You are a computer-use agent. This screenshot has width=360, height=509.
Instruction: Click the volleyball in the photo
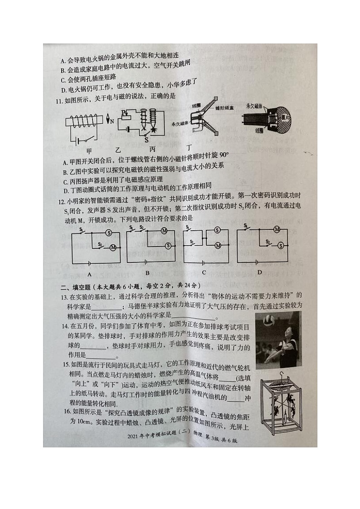coord(269,320)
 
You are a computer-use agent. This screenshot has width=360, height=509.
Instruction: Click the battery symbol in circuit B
coord(146,262)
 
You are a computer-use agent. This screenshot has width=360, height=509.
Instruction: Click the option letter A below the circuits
coord(89,275)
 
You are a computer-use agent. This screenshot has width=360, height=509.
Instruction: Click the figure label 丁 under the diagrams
coord(190,148)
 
